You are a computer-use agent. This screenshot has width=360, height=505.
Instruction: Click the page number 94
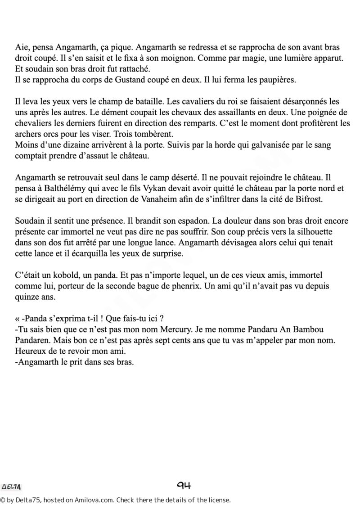184,486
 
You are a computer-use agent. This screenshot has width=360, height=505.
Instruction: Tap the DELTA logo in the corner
12,487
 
